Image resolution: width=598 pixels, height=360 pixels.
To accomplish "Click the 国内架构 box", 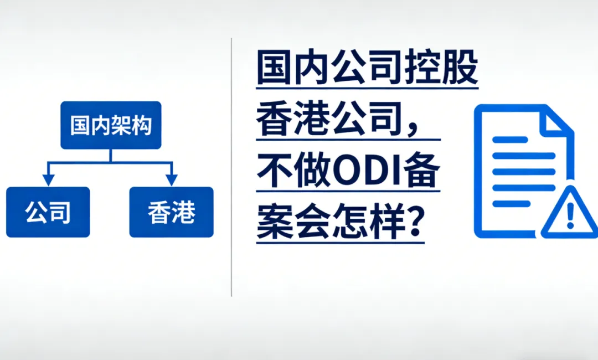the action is point(111,125).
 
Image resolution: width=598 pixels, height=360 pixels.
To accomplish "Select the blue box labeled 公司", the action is point(48,212).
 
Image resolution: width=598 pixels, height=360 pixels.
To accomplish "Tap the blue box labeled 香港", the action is point(171,212).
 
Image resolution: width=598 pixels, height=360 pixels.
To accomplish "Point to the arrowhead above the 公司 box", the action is point(48,180).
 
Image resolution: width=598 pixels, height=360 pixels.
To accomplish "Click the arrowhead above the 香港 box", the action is point(172,180).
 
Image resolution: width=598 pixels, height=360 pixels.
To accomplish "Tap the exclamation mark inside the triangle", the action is point(570,215).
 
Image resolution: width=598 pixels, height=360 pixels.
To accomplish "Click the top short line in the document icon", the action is point(510,140).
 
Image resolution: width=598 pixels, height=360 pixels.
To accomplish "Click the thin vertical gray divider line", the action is point(231,167).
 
